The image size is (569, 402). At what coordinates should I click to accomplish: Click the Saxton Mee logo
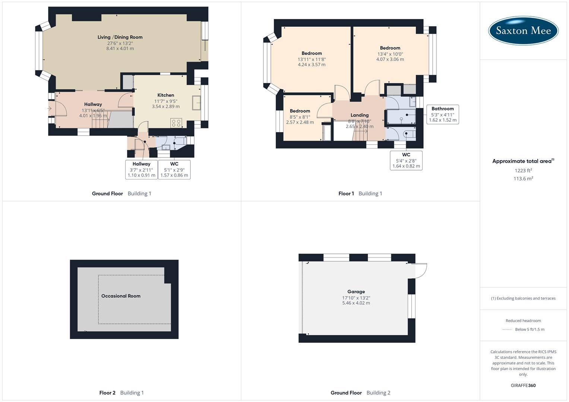523,31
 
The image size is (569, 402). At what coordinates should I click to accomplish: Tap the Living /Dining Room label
120,37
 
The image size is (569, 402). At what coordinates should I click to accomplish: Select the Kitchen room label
165,95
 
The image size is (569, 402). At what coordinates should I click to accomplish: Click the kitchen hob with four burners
176,122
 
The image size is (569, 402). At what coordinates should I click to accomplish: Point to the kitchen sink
196,103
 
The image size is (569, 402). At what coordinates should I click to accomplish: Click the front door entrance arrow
49,109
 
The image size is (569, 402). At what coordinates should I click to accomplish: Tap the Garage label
356,292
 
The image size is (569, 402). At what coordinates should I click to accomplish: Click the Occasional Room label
121,296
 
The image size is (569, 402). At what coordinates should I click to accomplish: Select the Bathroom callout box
443,114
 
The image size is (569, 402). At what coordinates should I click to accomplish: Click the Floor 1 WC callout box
406,160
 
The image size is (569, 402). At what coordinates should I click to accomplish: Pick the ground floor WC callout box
174,170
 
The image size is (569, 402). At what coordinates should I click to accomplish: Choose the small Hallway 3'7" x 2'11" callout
142,170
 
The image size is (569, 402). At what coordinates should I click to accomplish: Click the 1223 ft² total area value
523,170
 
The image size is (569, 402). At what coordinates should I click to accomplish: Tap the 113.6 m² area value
523,179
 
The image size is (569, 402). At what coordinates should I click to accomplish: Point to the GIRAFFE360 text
523,386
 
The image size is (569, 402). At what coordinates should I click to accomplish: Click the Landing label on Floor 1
359,115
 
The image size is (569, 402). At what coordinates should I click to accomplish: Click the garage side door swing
420,271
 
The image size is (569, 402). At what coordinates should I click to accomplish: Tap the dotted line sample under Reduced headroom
507,329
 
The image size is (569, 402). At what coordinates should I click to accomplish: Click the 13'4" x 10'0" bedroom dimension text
390,54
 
